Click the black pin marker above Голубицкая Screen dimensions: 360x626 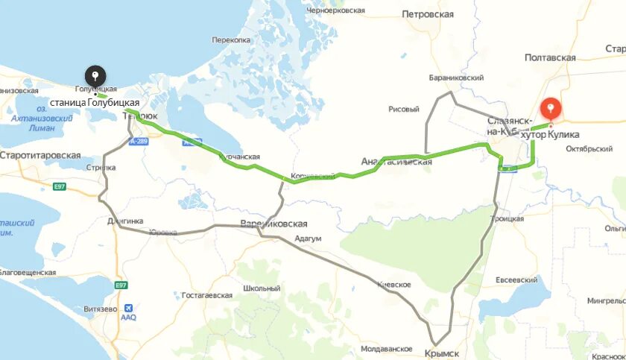95,76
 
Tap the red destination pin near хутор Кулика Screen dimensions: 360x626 551,109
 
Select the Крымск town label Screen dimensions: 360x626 442,353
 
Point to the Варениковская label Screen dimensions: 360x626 274,224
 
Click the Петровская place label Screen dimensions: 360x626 427,14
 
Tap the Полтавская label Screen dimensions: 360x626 550,57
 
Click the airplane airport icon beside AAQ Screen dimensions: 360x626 130,307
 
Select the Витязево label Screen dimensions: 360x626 101,308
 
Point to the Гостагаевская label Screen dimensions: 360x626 206,295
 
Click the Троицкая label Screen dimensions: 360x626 507,218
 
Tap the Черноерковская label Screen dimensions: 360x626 334,11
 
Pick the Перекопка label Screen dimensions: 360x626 231,40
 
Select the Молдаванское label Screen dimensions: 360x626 386,349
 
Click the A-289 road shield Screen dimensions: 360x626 139,141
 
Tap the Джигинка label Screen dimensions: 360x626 124,221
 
